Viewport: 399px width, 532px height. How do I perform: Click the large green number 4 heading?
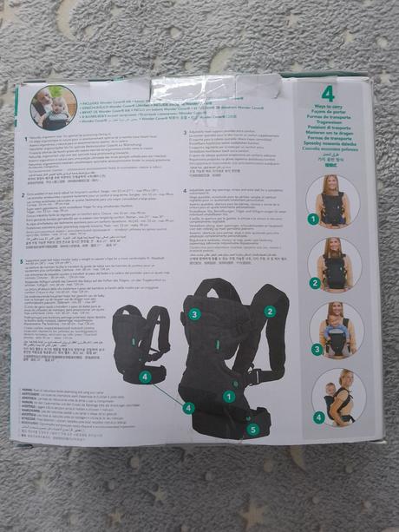click(x=328, y=93)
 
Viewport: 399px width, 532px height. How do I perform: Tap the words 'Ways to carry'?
click(x=329, y=108)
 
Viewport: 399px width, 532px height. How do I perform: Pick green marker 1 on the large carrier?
click(x=227, y=396)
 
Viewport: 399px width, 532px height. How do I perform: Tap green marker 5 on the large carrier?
click(x=252, y=429)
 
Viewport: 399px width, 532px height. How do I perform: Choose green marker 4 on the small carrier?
click(x=145, y=377)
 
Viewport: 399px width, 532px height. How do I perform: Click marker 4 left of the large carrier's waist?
click(x=188, y=407)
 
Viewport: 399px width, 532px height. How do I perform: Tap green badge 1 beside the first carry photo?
click(x=313, y=220)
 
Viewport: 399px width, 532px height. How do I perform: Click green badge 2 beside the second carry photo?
click(x=315, y=283)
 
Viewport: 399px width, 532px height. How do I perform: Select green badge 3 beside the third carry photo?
click(x=318, y=350)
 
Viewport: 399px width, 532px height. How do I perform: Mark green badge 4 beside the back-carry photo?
click(x=318, y=417)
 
